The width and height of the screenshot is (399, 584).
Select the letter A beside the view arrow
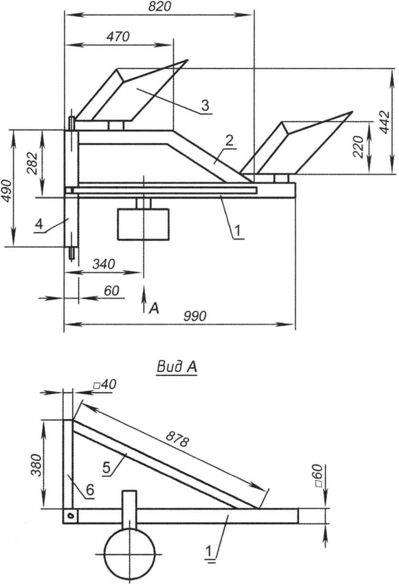pos(153,309)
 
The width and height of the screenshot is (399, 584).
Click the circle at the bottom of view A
pos(130,555)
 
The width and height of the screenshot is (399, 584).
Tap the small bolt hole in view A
pos(69,516)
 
